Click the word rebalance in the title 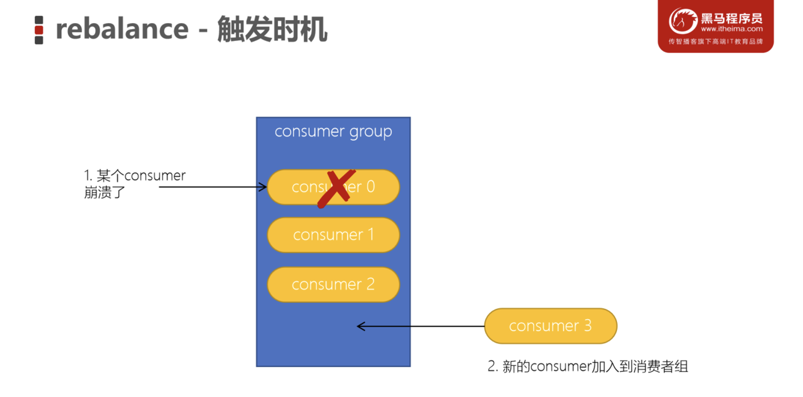pos(122,30)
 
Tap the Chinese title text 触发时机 pos(272,30)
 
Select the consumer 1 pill pos(333,235)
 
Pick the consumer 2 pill pos(333,284)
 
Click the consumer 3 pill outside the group pos(550,326)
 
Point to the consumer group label pos(333,132)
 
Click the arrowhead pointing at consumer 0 pos(263,187)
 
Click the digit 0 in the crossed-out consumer pos(371,186)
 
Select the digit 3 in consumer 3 pos(587,326)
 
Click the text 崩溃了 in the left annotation pos(105,193)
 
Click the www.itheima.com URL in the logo pos(732,29)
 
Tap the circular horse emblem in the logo pos(683,21)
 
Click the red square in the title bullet pos(39,30)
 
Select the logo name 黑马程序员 pos(732,18)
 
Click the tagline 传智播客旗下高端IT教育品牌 pos(715,42)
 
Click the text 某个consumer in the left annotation pos(141,176)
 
